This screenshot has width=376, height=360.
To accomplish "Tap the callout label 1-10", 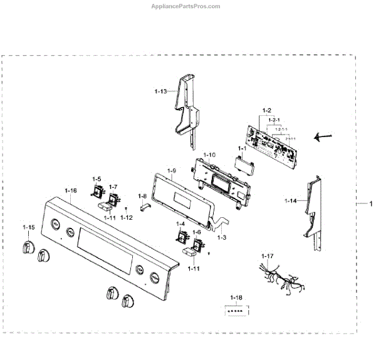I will [209, 154].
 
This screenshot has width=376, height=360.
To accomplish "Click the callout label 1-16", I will [71, 190].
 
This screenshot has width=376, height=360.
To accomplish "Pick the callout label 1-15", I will [29, 227].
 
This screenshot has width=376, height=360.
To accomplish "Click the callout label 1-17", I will [268, 256].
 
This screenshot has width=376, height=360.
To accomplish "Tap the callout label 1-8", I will [142, 196].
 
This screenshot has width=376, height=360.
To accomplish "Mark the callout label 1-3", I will [221, 237].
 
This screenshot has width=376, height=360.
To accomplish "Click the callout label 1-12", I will [127, 217].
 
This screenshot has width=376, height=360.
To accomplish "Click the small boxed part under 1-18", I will [236, 309].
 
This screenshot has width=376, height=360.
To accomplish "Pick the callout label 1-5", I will [97, 178].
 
